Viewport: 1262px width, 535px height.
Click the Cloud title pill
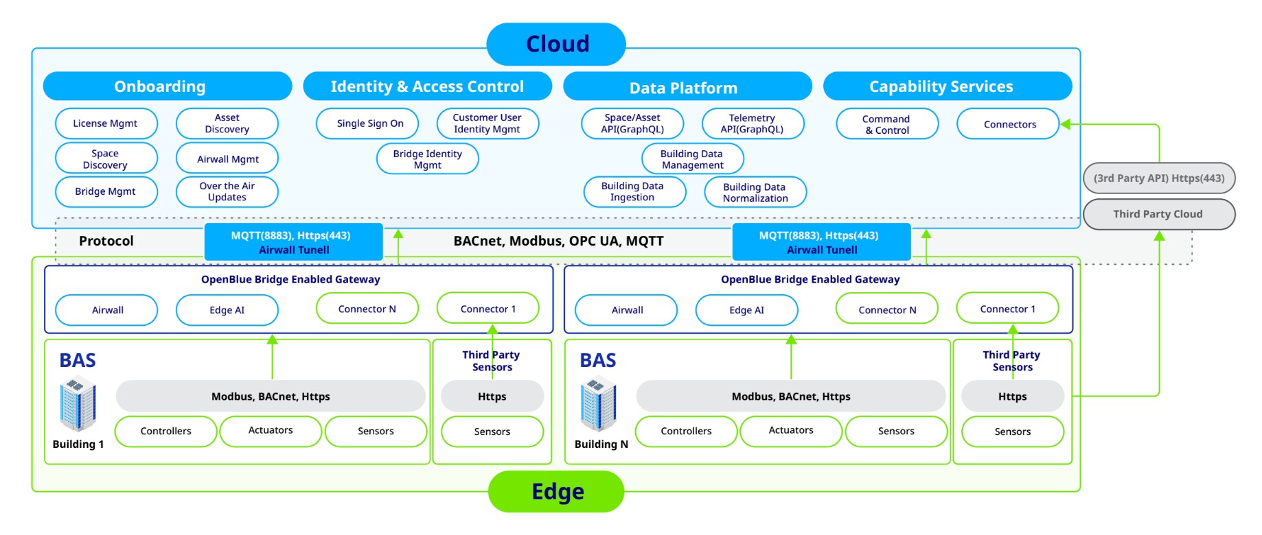(556, 44)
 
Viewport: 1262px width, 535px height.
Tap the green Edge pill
(556, 491)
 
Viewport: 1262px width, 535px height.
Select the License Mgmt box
(106, 123)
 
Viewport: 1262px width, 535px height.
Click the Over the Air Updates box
(227, 191)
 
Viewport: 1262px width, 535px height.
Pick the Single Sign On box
(369, 123)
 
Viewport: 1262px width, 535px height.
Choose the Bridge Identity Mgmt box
(427, 159)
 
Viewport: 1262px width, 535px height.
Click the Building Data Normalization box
(755, 192)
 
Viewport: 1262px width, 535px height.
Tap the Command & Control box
(886, 124)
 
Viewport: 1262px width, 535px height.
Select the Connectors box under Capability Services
(1009, 124)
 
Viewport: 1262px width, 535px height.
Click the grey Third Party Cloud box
(1158, 214)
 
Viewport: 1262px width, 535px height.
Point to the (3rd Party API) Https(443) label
(1158, 178)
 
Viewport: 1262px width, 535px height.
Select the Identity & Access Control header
(427, 86)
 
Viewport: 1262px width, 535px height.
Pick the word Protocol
(106, 241)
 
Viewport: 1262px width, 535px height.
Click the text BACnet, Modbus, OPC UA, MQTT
(558, 241)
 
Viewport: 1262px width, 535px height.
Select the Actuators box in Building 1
(271, 431)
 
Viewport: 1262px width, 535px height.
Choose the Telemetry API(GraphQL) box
(753, 123)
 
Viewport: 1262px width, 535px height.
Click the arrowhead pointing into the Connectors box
(1065, 124)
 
